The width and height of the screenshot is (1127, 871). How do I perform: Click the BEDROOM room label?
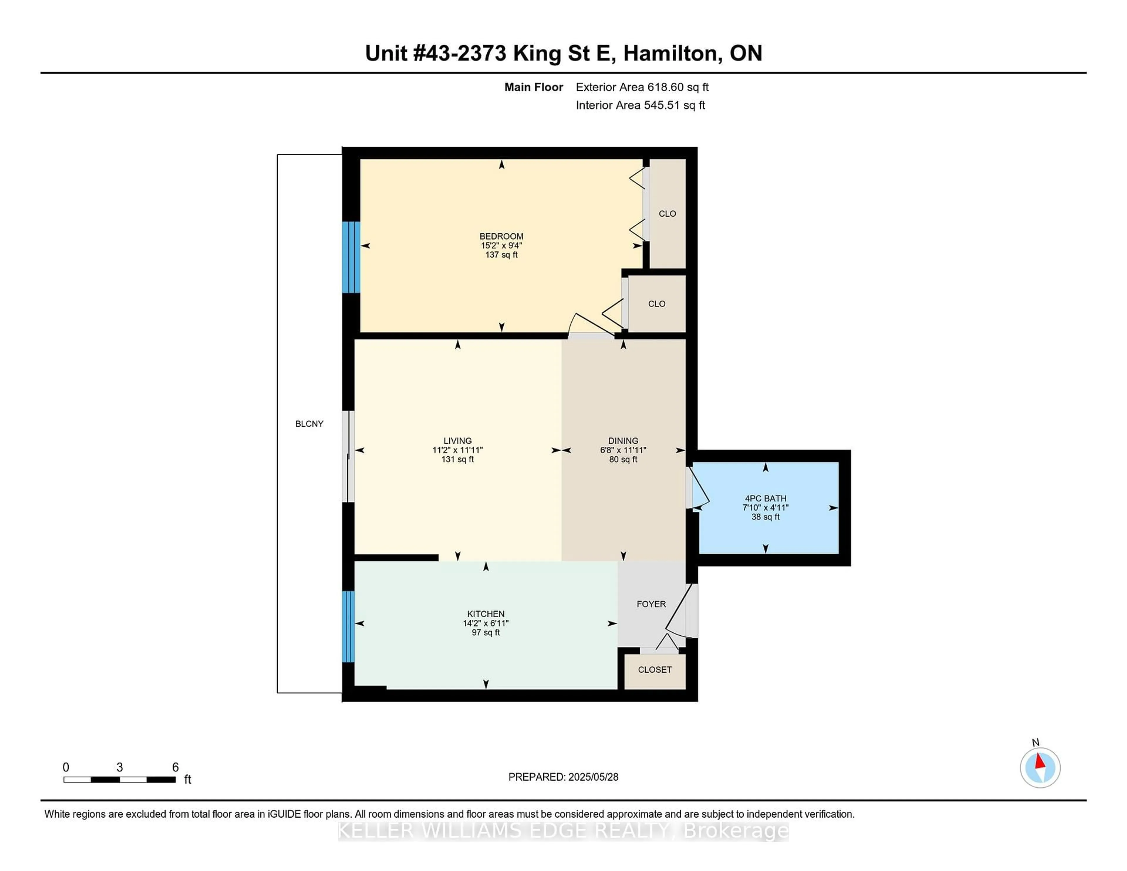(501, 236)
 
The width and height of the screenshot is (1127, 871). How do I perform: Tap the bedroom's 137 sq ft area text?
(501, 255)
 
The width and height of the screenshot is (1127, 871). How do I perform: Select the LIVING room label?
(457, 441)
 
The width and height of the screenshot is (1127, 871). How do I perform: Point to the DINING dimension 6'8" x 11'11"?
(623, 450)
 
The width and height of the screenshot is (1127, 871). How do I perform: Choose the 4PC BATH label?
(765, 499)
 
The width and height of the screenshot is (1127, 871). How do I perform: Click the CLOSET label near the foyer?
(654, 670)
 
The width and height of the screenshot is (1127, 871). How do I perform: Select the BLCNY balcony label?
(309, 424)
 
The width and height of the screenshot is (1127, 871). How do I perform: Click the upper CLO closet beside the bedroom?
(667, 214)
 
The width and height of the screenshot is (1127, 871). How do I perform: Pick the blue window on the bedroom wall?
(351, 257)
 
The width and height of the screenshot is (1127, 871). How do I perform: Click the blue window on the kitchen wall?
(348, 627)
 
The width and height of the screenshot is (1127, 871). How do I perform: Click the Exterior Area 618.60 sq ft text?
(642, 87)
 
